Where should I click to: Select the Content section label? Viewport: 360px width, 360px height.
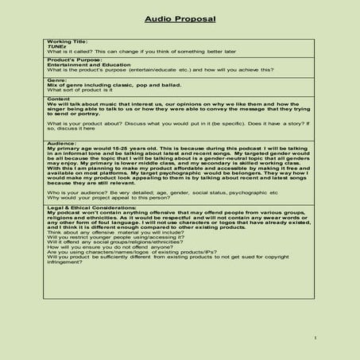pos(59,99)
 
